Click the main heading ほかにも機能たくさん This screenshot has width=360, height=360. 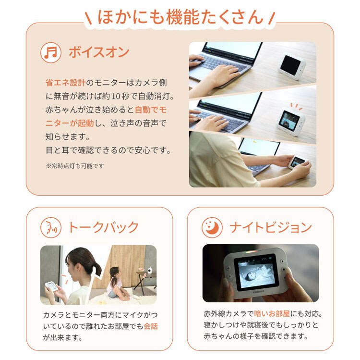[x=180, y=17]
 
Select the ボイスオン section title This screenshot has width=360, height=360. [x=99, y=52]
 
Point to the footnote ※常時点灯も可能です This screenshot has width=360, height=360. [x=75, y=166]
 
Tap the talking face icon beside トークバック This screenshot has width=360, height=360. [x=50, y=227]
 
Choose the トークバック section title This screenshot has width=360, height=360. [x=104, y=227]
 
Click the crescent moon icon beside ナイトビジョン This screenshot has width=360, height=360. [x=212, y=227]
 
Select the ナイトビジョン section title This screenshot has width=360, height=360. [x=271, y=227]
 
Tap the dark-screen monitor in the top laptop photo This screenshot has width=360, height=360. [x=292, y=65]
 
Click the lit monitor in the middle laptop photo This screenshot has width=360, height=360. [x=290, y=120]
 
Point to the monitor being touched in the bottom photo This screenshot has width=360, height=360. [x=298, y=161]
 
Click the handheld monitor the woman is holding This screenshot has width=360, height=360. [x=51, y=286]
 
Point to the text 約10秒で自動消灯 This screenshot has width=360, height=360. [x=139, y=96]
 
